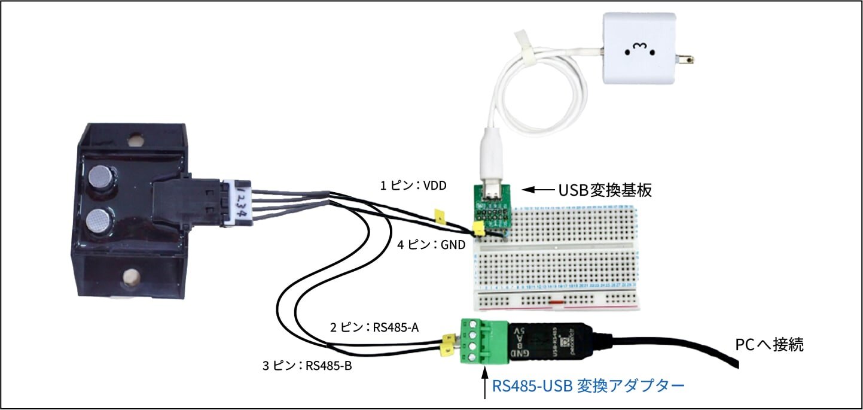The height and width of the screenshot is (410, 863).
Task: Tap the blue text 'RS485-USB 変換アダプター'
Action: click(x=588, y=386)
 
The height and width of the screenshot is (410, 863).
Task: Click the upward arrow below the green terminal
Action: click(x=484, y=383)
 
